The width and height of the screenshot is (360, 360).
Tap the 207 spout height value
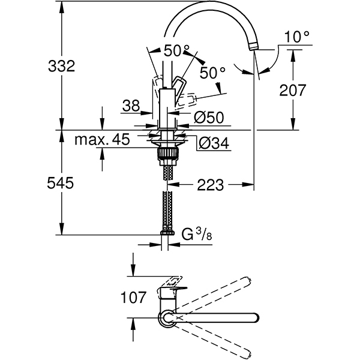(x=292, y=91)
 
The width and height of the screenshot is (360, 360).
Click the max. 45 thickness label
(x=103, y=140)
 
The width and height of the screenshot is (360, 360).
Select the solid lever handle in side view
(x=180, y=87)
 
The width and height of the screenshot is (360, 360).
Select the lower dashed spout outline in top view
(x=222, y=344)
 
